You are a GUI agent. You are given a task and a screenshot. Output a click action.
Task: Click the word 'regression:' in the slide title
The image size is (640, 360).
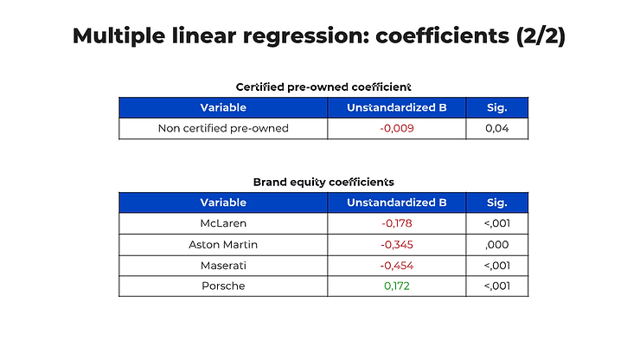coord(306,36)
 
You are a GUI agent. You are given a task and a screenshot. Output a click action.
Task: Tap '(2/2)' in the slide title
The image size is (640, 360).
coord(541,36)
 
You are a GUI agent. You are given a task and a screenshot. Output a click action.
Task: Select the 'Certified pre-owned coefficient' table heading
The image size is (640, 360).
coord(323,87)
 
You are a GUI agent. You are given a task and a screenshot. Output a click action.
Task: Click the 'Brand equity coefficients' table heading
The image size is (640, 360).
coord(323,182)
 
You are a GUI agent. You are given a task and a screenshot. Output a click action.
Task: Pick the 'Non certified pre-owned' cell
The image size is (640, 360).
coord(223,128)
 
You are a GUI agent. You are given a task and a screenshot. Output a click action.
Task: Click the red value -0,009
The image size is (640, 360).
coord(397,128)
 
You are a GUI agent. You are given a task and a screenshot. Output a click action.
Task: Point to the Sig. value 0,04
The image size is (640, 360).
coord(496,128)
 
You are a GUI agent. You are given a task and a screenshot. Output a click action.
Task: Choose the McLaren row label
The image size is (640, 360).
coord(223,223)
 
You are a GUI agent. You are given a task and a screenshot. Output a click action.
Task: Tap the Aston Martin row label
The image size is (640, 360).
coord(223,245)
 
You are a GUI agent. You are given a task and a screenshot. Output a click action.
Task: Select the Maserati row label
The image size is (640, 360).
coord(223,266)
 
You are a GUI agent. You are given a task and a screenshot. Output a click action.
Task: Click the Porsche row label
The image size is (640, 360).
coord(223,286)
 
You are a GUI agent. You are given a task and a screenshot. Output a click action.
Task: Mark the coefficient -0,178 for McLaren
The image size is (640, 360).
coord(397,223)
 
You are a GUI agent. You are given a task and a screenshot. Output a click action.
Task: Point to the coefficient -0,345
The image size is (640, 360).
coord(397,245)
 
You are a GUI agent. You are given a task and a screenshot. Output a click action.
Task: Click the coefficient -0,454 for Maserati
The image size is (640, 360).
coord(397,266)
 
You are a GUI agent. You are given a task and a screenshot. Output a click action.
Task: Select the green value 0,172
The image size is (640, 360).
coord(397,286)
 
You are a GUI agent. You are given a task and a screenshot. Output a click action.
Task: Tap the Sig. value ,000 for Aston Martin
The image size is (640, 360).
coord(496,245)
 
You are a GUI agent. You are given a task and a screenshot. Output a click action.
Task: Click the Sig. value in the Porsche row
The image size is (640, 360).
coord(496,286)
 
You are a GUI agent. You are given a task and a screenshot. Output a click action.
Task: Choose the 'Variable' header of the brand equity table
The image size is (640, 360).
coord(223,202)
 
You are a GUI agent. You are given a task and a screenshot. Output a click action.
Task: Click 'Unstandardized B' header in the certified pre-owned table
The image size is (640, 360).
coord(397,107)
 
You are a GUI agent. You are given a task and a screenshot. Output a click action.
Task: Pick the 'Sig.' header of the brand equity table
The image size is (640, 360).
coord(496,202)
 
